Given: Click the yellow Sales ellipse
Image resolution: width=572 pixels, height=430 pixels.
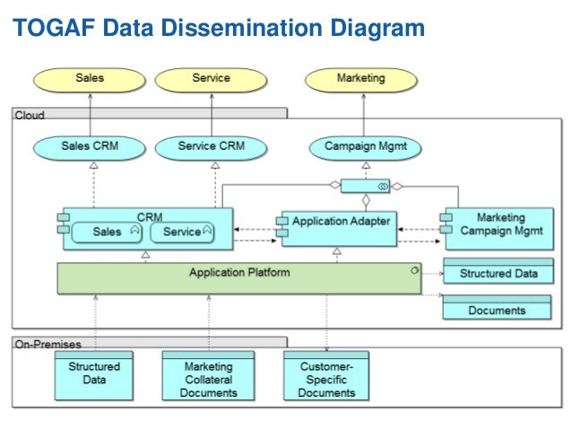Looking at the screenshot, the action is click(x=90, y=80).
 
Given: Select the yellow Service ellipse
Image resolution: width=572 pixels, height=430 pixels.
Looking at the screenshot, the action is click(x=211, y=80).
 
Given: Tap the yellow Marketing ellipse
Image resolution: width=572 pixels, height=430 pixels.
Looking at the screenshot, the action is click(x=361, y=80).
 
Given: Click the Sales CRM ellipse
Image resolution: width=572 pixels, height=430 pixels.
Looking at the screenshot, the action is click(x=90, y=148).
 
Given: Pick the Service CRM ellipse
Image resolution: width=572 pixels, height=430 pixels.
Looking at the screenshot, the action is click(x=211, y=148).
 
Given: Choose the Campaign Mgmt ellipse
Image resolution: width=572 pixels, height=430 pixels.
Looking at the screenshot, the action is click(x=365, y=148).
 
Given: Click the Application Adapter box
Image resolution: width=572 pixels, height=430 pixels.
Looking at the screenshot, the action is click(x=339, y=229).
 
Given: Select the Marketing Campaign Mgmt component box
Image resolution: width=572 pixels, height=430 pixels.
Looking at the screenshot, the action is click(x=499, y=229).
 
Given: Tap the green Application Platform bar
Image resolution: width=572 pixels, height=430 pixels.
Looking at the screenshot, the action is click(x=239, y=278).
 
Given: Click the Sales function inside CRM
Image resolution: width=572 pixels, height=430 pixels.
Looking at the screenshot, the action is click(x=107, y=232).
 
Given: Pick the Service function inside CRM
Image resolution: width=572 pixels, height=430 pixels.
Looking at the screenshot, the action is click(x=182, y=232).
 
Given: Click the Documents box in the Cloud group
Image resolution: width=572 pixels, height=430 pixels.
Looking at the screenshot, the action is click(x=497, y=307).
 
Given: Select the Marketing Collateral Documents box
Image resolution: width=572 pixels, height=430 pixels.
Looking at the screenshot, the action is click(x=208, y=376).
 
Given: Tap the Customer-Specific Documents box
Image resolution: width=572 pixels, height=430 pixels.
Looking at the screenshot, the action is click(x=326, y=376).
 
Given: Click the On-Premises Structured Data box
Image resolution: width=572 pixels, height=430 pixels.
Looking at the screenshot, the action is click(x=94, y=376).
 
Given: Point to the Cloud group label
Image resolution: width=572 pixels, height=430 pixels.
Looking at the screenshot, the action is click(x=30, y=115).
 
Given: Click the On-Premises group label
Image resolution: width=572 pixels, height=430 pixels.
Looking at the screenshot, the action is click(x=48, y=344).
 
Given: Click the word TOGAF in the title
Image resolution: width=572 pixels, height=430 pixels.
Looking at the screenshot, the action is click(x=54, y=28).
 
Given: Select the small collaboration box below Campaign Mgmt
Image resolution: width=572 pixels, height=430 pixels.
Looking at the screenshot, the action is click(x=365, y=186).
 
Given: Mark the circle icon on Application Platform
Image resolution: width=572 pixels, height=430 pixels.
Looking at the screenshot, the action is click(x=415, y=270).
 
